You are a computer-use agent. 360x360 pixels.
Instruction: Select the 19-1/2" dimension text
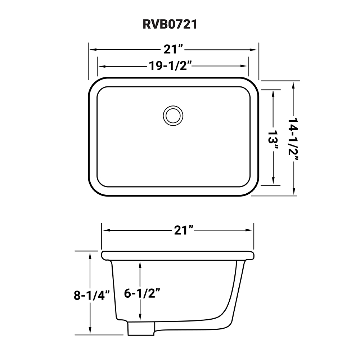pos(174,66)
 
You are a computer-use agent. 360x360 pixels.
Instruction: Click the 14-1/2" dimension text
pos(294,138)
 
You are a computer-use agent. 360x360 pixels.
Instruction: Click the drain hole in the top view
pos(171,115)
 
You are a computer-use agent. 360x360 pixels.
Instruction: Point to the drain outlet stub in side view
pos(141,329)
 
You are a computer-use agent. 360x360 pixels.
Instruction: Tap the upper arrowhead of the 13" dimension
pos(274,92)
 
